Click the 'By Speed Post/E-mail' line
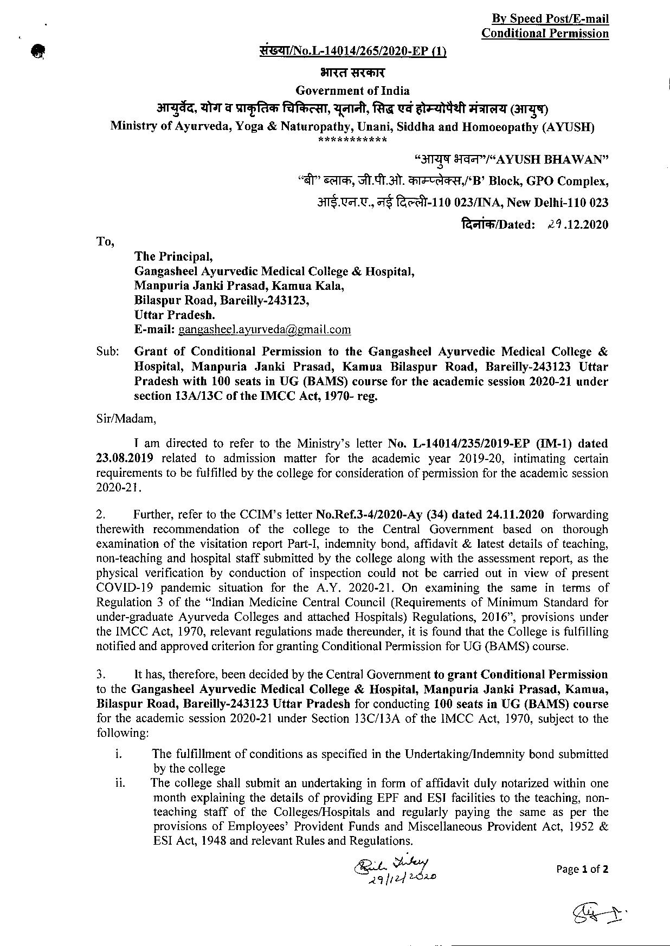pos(550,19)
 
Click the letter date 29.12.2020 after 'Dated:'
pos(578,224)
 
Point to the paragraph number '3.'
pos(101,675)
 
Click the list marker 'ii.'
pos(120,782)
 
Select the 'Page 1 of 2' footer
pos(582,869)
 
